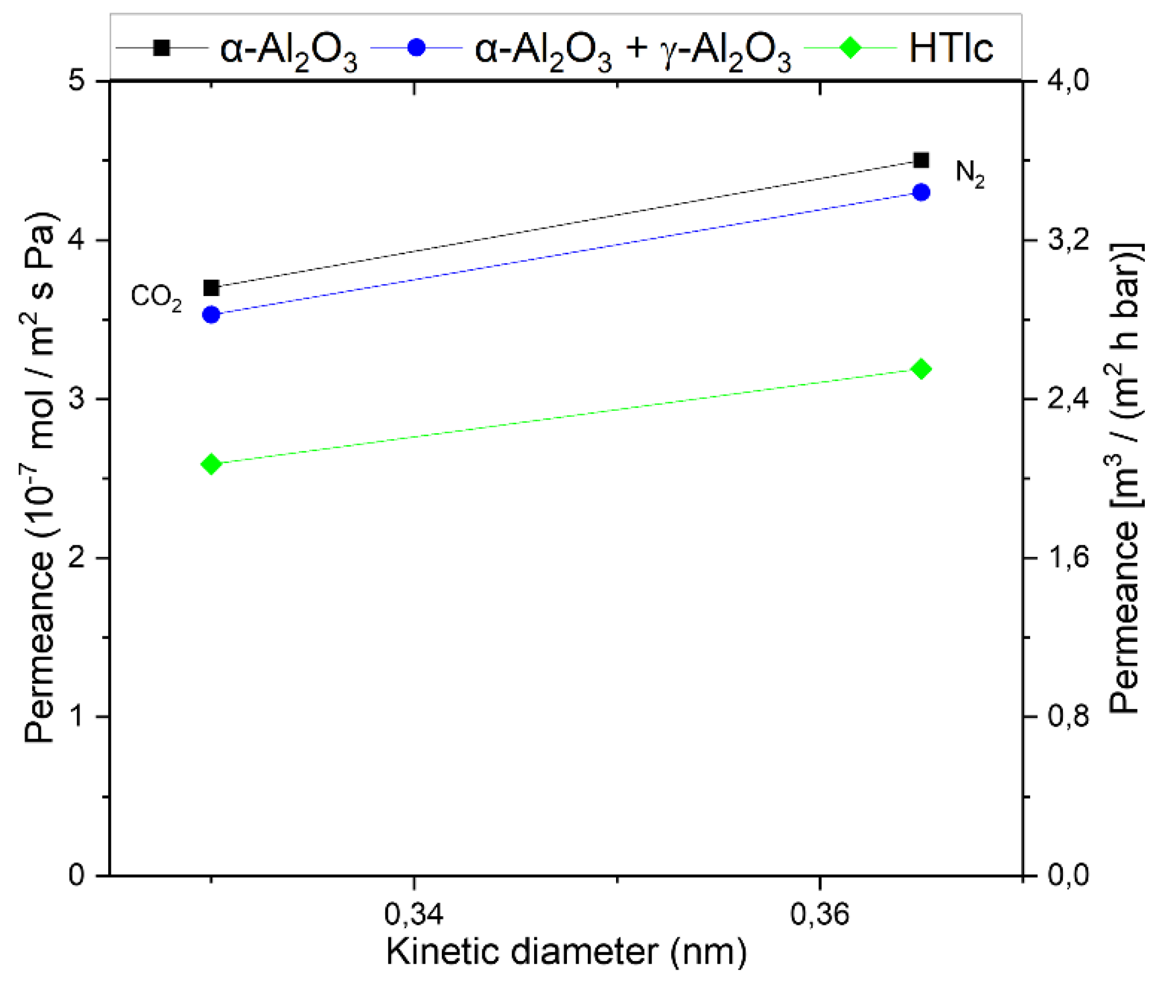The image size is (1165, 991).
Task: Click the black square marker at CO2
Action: click(x=211, y=288)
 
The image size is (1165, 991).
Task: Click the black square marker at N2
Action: click(x=921, y=160)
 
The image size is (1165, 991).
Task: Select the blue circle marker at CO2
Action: click(x=211, y=315)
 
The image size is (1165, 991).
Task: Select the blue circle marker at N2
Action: click(x=921, y=192)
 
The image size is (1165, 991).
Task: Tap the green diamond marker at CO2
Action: click(x=211, y=464)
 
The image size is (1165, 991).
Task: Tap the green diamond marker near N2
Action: click(x=921, y=369)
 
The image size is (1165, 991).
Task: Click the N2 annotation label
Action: click(x=969, y=173)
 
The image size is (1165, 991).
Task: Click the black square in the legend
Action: click(x=161, y=48)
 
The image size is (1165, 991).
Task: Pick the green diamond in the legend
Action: click(x=850, y=48)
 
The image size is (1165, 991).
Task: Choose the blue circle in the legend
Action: click(x=416, y=48)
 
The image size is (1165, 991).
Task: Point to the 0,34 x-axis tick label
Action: click(x=413, y=914)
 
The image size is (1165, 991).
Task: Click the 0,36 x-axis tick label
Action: click(x=820, y=914)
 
